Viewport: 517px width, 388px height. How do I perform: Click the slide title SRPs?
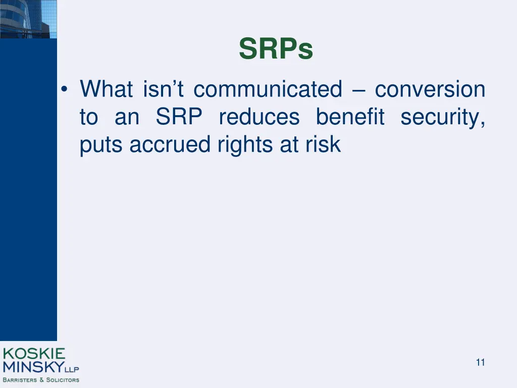pos(276,48)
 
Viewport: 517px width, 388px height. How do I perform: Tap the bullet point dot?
pos(64,89)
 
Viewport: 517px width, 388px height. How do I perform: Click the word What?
pos(106,89)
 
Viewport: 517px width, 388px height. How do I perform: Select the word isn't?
pos(163,89)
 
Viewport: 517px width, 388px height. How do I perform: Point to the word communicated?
pos(268,89)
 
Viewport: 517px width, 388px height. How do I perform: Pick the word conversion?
pos(430,89)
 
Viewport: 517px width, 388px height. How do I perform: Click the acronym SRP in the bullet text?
pos(179,117)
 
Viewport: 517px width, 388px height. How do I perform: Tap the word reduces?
pos(259,117)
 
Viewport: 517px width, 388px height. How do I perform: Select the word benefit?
pos(350,117)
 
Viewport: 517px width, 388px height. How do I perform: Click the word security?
pos(443,118)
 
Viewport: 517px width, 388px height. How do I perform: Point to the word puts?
pos(101,145)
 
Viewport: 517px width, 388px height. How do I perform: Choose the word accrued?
pos(170,144)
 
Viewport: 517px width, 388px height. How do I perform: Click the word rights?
pos(245,145)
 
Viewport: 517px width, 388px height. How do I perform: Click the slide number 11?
pos(481,362)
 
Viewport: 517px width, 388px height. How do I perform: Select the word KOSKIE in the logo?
pos(34,354)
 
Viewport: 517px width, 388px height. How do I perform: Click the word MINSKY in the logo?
pos(34,367)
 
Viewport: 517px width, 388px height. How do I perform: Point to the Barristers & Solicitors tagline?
pos(41,380)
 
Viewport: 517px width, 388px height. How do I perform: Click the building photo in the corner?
pos(28,19)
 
